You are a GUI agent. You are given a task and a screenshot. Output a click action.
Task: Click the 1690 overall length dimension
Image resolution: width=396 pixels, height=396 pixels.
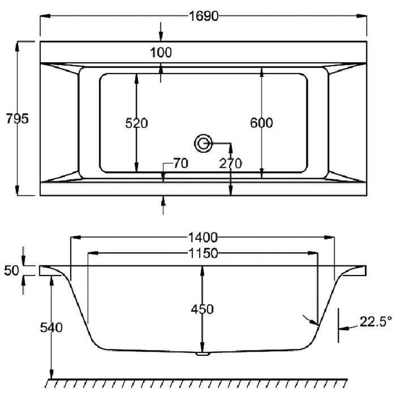pos(204,16)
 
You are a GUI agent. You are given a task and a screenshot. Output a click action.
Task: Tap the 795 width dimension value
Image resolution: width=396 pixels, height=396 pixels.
pos(17,118)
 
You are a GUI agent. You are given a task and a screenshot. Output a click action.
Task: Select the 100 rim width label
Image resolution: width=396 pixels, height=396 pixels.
pos(161,53)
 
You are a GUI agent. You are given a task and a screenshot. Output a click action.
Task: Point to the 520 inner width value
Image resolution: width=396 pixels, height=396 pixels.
pos(137,123)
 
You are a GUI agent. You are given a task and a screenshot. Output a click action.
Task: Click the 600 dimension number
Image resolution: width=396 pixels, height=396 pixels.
pos(261,123)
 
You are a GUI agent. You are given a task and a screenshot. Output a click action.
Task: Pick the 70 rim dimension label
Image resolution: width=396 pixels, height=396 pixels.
pos(180,163)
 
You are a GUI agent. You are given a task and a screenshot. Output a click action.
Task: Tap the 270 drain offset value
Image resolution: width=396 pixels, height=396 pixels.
pos(230,163)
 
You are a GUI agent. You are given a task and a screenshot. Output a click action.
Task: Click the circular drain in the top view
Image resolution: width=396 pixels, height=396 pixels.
pos(203,144)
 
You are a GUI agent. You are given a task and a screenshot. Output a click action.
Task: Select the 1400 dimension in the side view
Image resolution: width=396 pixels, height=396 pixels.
pos(203,238)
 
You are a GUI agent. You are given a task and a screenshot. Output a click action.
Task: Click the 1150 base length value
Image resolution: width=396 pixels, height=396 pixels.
pos(203,253)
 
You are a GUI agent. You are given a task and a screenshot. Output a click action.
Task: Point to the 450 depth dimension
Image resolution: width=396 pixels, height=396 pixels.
pos(202,309)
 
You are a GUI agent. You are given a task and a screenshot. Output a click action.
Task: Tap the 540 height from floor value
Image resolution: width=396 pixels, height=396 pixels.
pos(51,328)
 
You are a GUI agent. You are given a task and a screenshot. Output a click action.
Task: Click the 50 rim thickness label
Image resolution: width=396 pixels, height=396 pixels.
pos(12,271)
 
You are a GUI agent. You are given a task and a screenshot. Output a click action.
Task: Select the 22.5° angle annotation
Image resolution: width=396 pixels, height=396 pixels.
pos(376,322)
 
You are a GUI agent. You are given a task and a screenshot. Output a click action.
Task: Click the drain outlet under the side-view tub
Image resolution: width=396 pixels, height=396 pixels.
pos(203,354)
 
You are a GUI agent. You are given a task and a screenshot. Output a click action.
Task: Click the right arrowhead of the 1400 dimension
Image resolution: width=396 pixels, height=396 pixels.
pos(329,238)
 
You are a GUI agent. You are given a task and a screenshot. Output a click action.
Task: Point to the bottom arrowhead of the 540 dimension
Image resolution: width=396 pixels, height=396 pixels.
pos(51,374)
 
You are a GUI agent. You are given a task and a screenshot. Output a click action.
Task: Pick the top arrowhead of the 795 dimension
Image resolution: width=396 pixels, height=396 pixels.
pos(17,47)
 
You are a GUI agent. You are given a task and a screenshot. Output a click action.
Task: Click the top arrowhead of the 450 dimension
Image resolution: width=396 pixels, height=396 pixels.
pos(202,271)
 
